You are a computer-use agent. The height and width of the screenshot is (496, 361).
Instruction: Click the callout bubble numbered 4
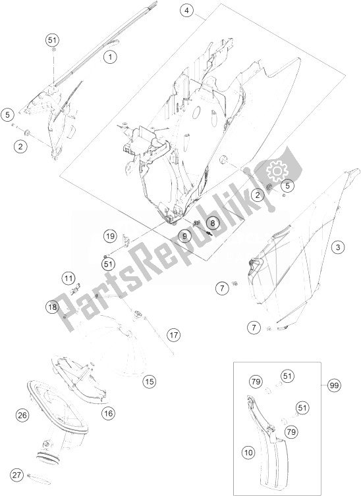tap(187, 11)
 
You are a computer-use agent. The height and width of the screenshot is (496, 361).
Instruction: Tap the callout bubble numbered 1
tap(110, 57)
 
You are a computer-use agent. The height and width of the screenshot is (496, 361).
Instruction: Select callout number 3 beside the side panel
tap(338, 247)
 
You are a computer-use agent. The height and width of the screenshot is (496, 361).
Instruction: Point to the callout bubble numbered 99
tap(335, 385)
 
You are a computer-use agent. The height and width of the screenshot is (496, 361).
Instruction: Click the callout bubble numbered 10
tap(249, 453)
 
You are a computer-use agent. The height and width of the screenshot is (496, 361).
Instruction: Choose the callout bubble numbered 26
tap(22, 414)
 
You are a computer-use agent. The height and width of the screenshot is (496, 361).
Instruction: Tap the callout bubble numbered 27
tap(16, 475)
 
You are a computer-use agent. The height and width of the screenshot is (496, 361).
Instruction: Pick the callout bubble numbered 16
tap(108, 413)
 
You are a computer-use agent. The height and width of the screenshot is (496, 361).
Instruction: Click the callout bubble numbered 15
tap(149, 382)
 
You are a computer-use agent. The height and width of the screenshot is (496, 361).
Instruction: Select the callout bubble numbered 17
tap(173, 335)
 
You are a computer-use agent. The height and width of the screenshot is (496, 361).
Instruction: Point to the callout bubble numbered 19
tap(109, 236)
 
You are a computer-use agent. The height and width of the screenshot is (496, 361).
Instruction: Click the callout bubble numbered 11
tap(69, 279)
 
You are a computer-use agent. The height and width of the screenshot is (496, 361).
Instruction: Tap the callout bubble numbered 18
tap(52, 307)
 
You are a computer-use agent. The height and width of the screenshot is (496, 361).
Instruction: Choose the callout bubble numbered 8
tap(213, 223)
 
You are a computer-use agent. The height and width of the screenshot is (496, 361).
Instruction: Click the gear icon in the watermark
tap(277, 171)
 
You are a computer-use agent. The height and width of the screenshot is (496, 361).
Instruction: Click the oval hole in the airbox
tap(196, 112)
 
